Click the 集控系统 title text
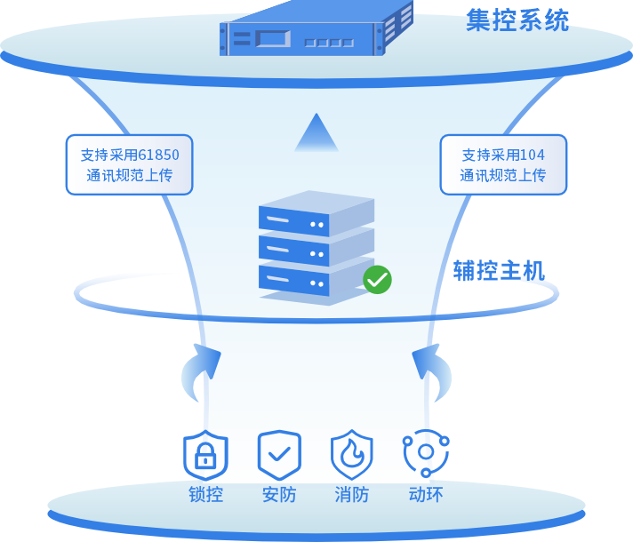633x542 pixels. [x=517, y=20]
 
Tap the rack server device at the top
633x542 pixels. [x=316, y=31]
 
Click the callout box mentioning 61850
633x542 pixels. [x=129, y=164]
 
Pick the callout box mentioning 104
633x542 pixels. [x=503, y=164]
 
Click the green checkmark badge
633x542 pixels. [x=377, y=280]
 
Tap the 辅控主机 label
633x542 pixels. [x=498, y=270]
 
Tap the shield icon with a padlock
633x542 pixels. [x=205, y=455]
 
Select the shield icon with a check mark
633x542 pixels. [x=279, y=455]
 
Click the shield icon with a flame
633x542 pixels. [x=352, y=455]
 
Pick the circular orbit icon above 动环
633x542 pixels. [x=426, y=453]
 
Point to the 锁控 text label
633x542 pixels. [x=205, y=495]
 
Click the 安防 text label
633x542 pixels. [x=279, y=495]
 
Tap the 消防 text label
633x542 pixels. [x=352, y=495]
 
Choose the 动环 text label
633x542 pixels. [x=426, y=495]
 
